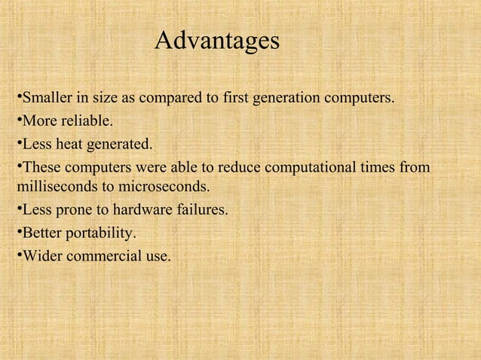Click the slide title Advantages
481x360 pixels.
click(216, 41)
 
